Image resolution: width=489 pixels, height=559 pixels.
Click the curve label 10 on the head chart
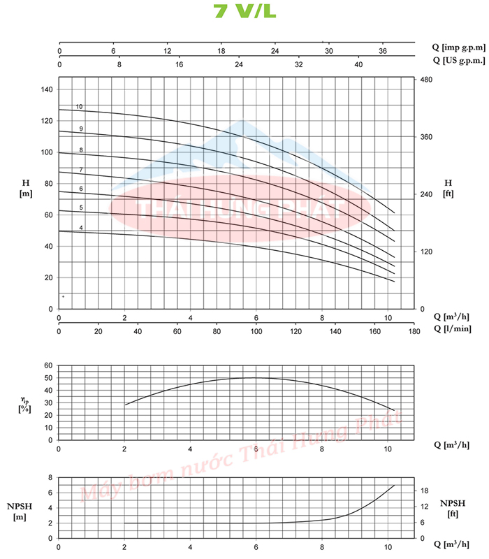click(80, 107)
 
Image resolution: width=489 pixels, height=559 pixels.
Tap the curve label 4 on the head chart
click(81, 228)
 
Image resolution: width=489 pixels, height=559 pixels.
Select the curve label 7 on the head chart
click(81, 170)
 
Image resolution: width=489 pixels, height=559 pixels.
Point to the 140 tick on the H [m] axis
click(47, 89)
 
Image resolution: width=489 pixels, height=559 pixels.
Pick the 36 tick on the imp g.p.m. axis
click(382, 51)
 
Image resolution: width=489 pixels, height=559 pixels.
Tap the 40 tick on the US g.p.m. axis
click(358, 64)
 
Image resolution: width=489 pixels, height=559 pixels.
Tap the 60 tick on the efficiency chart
click(48, 365)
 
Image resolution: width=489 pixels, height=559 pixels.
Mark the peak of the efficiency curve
click(256, 377)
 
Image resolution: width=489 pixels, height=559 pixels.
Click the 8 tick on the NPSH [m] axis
click(50, 478)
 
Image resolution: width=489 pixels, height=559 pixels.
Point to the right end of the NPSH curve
click(395, 485)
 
